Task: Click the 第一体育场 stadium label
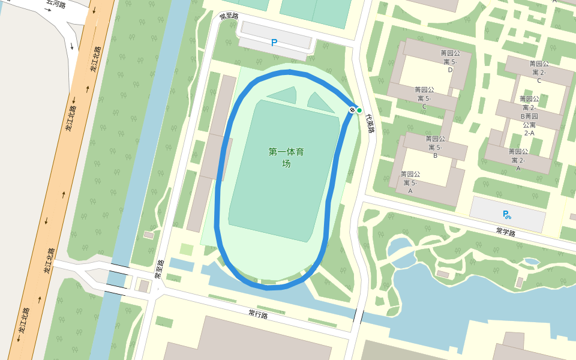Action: (x=286, y=157)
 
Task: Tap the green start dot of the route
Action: (x=359, y=110)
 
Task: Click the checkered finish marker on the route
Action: (x=352, y=110)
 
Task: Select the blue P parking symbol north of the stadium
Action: (x=274, y=43)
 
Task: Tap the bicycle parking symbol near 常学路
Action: (x=507, y=214)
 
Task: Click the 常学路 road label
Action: (x=506, y=232)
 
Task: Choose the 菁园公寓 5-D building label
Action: (x=450, y=61)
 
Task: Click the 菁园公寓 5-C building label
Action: (x=424, y=98)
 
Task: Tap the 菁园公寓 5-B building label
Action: (x=435, y=147)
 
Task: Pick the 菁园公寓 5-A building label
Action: (x=410, y=182)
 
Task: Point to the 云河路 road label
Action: (x=56, y=3)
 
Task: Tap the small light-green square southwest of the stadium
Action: (x=187, y=249)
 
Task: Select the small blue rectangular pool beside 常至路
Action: (x=181, y=265)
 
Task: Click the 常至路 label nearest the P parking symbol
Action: (x=229, y=16)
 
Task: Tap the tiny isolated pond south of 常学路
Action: (x=531, y=261)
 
